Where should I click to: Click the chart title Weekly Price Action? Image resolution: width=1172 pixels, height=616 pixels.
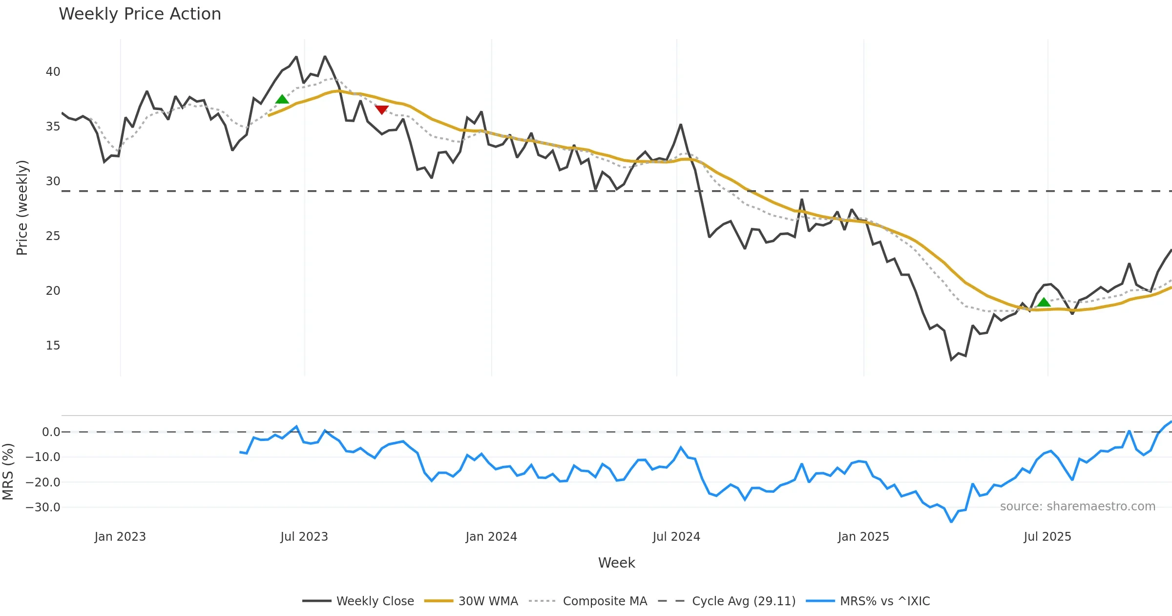tap(140, 14)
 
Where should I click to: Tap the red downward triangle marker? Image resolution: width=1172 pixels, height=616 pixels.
tap(381, 110)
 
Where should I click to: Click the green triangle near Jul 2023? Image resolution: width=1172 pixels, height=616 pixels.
tap(282, 100)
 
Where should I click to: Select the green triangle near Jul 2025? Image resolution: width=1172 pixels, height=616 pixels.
tap(1044, 303)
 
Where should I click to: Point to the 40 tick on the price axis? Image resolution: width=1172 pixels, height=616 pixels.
tap(53, 72)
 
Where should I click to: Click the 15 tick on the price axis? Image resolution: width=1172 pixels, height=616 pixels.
tap(53, 346)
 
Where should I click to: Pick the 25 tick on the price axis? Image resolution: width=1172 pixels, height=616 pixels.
tap(53, 236)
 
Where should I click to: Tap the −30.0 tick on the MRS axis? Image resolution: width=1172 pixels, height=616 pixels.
tap(43, 507)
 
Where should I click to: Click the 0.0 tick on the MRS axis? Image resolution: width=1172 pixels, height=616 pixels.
tap(51, 432)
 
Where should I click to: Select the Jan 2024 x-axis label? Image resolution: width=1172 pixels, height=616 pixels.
tap(491, 537)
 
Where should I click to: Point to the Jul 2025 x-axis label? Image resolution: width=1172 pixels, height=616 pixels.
tap(1047, 537)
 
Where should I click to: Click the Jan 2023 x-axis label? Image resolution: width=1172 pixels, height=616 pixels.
tap(120, 537)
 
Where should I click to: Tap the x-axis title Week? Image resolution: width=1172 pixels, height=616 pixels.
tap(616, 563)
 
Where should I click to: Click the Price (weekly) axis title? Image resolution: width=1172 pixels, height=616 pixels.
tap(22, 208)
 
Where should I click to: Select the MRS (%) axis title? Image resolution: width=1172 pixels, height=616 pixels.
tap(8, 472)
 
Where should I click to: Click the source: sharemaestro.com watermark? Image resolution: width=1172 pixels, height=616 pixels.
tap(1077, 506)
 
